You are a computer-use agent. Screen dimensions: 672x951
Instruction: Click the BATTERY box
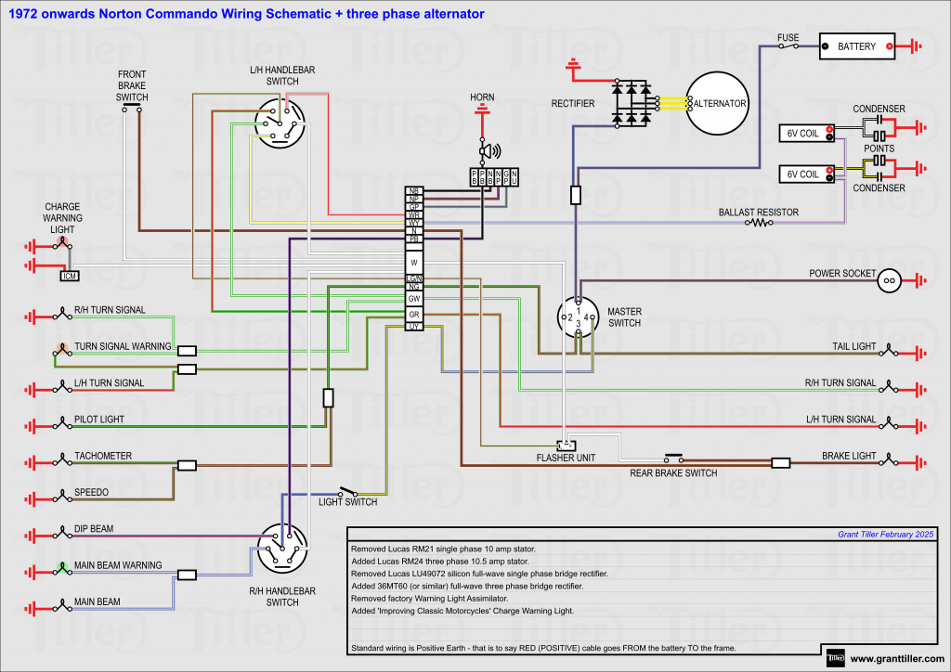(x=855, y=46)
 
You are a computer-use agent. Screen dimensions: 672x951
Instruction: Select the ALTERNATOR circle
(x=716, y=103)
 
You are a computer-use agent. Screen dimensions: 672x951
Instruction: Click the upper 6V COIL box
(x=803, y=134)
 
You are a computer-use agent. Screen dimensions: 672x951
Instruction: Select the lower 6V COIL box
(x=803, y=174)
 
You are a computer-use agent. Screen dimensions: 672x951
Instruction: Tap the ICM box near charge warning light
(x=70, y=276)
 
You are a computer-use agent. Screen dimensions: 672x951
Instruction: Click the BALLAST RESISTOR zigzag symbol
(x=762, y=223)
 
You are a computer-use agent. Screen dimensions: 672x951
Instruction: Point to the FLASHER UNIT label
(x=566, y=458)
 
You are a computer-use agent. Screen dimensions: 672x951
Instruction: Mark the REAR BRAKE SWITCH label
(x=674, y=473)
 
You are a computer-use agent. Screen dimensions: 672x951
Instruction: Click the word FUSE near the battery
(x=788, y=38)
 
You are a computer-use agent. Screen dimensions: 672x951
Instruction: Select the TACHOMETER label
(x=103, y=456)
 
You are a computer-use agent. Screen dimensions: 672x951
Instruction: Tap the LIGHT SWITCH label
(x=347, y=502)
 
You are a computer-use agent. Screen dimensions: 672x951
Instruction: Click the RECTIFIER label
(x=573, y=104)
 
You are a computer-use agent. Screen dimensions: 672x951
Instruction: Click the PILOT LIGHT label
(x=99, y=420)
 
